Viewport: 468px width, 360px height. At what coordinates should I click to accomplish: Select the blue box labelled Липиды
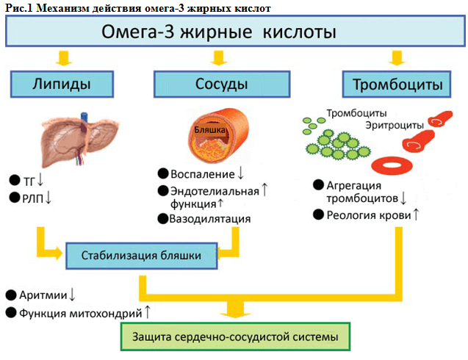click(x=62, y=84)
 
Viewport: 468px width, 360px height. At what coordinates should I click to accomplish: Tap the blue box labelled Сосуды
click(x=215, y=84)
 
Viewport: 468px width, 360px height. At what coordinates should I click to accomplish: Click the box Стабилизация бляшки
click(x=143, y=256)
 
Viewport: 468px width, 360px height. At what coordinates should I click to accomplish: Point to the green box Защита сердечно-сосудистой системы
click(x=235, y=338)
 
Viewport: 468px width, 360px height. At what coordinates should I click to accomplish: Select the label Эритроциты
click(x=393, y=125)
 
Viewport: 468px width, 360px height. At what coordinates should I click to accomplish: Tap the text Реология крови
click(x=369, y=214)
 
